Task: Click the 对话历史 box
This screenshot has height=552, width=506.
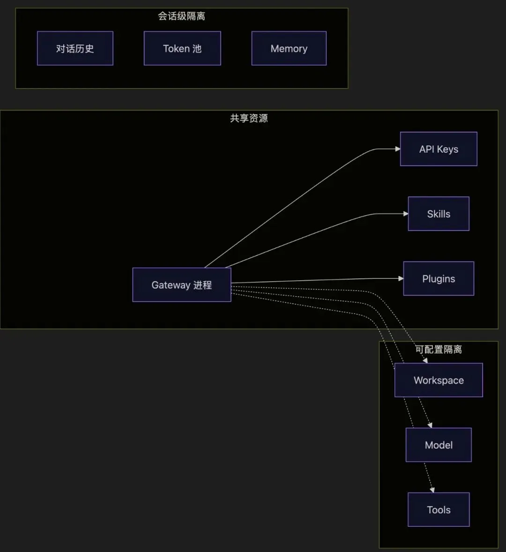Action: (75, 48)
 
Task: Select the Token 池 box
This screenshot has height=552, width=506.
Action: (182, 48)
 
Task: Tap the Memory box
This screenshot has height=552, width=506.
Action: (289, 48)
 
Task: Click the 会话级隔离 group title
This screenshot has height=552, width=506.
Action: (181, 16)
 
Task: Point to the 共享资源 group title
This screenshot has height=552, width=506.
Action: (249, 118)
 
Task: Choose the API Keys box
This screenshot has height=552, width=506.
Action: (439, 149)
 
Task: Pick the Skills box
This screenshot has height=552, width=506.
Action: (439, 214)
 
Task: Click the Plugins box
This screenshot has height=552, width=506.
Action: (439, 279)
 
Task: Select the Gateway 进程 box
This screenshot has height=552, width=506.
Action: (182, 285)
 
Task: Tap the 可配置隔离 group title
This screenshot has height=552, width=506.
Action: (439, 350)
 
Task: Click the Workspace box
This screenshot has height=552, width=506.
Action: (439, 380)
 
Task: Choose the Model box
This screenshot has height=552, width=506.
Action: (439, 445)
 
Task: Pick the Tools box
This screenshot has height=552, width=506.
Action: (439, 509)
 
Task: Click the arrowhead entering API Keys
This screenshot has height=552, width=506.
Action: (398, 149)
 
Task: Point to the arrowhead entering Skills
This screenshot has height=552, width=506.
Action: (406, 214)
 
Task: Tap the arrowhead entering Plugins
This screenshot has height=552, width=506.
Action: (401, 278)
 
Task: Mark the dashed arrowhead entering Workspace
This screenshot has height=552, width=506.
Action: (425, 360)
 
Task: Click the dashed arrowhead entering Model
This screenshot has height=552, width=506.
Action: (430, 425)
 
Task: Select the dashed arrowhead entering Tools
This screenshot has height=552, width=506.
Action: (432, 490)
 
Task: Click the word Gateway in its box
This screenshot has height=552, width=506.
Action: (171, 285)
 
